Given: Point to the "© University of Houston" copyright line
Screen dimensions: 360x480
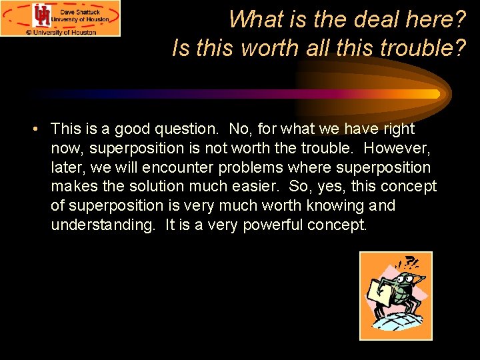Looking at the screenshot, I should [x=61, y=31].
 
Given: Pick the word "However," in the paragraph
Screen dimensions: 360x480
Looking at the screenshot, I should [x=399, y=148].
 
